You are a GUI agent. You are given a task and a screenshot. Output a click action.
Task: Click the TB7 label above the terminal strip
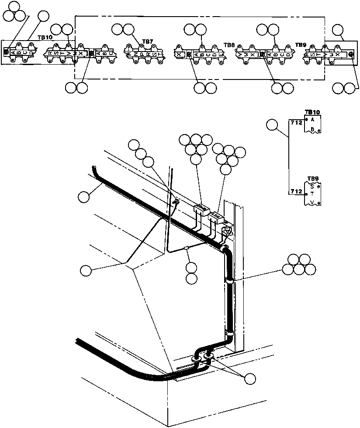[x=148, y=42]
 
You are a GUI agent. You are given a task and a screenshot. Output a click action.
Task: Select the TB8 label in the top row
[x=229, y=45]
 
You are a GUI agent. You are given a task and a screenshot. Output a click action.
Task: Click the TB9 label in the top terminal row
[x=301, y=45]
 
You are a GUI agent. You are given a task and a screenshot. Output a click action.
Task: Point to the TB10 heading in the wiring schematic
[x=313, y=112]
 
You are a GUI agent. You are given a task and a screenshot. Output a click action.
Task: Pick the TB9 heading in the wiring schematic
[x=313, y=179]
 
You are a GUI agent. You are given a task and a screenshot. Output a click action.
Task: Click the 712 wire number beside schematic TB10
[x=297, y=123]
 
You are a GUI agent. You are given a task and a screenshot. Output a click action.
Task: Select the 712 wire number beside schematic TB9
[x=297, y=192]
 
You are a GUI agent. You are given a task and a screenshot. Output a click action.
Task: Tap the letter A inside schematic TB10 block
[x=312, y=119]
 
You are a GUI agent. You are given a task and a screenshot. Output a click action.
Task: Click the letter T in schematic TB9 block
[x=312, y=194]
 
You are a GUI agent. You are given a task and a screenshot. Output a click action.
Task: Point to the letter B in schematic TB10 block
[x=312, y=129]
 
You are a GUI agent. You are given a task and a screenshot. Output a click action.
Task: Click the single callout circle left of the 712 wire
[x=272, y=126]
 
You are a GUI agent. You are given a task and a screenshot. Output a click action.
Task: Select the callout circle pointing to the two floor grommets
[x=250, y=379]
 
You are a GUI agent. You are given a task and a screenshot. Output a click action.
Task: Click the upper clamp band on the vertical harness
[x=229, y=281]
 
